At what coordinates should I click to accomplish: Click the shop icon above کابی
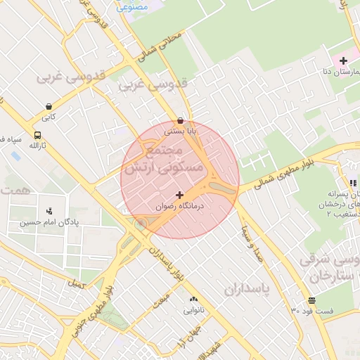pos(48,107)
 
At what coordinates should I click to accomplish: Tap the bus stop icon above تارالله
pos(37,134)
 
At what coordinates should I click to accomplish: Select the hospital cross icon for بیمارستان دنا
pos(343,61)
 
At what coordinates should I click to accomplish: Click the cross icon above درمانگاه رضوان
pos(179,195)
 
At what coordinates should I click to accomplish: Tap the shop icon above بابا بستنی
pos(181,120)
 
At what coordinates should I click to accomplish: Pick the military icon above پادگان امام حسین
pos(49,210)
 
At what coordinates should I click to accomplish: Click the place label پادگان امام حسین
pos(49,222)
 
